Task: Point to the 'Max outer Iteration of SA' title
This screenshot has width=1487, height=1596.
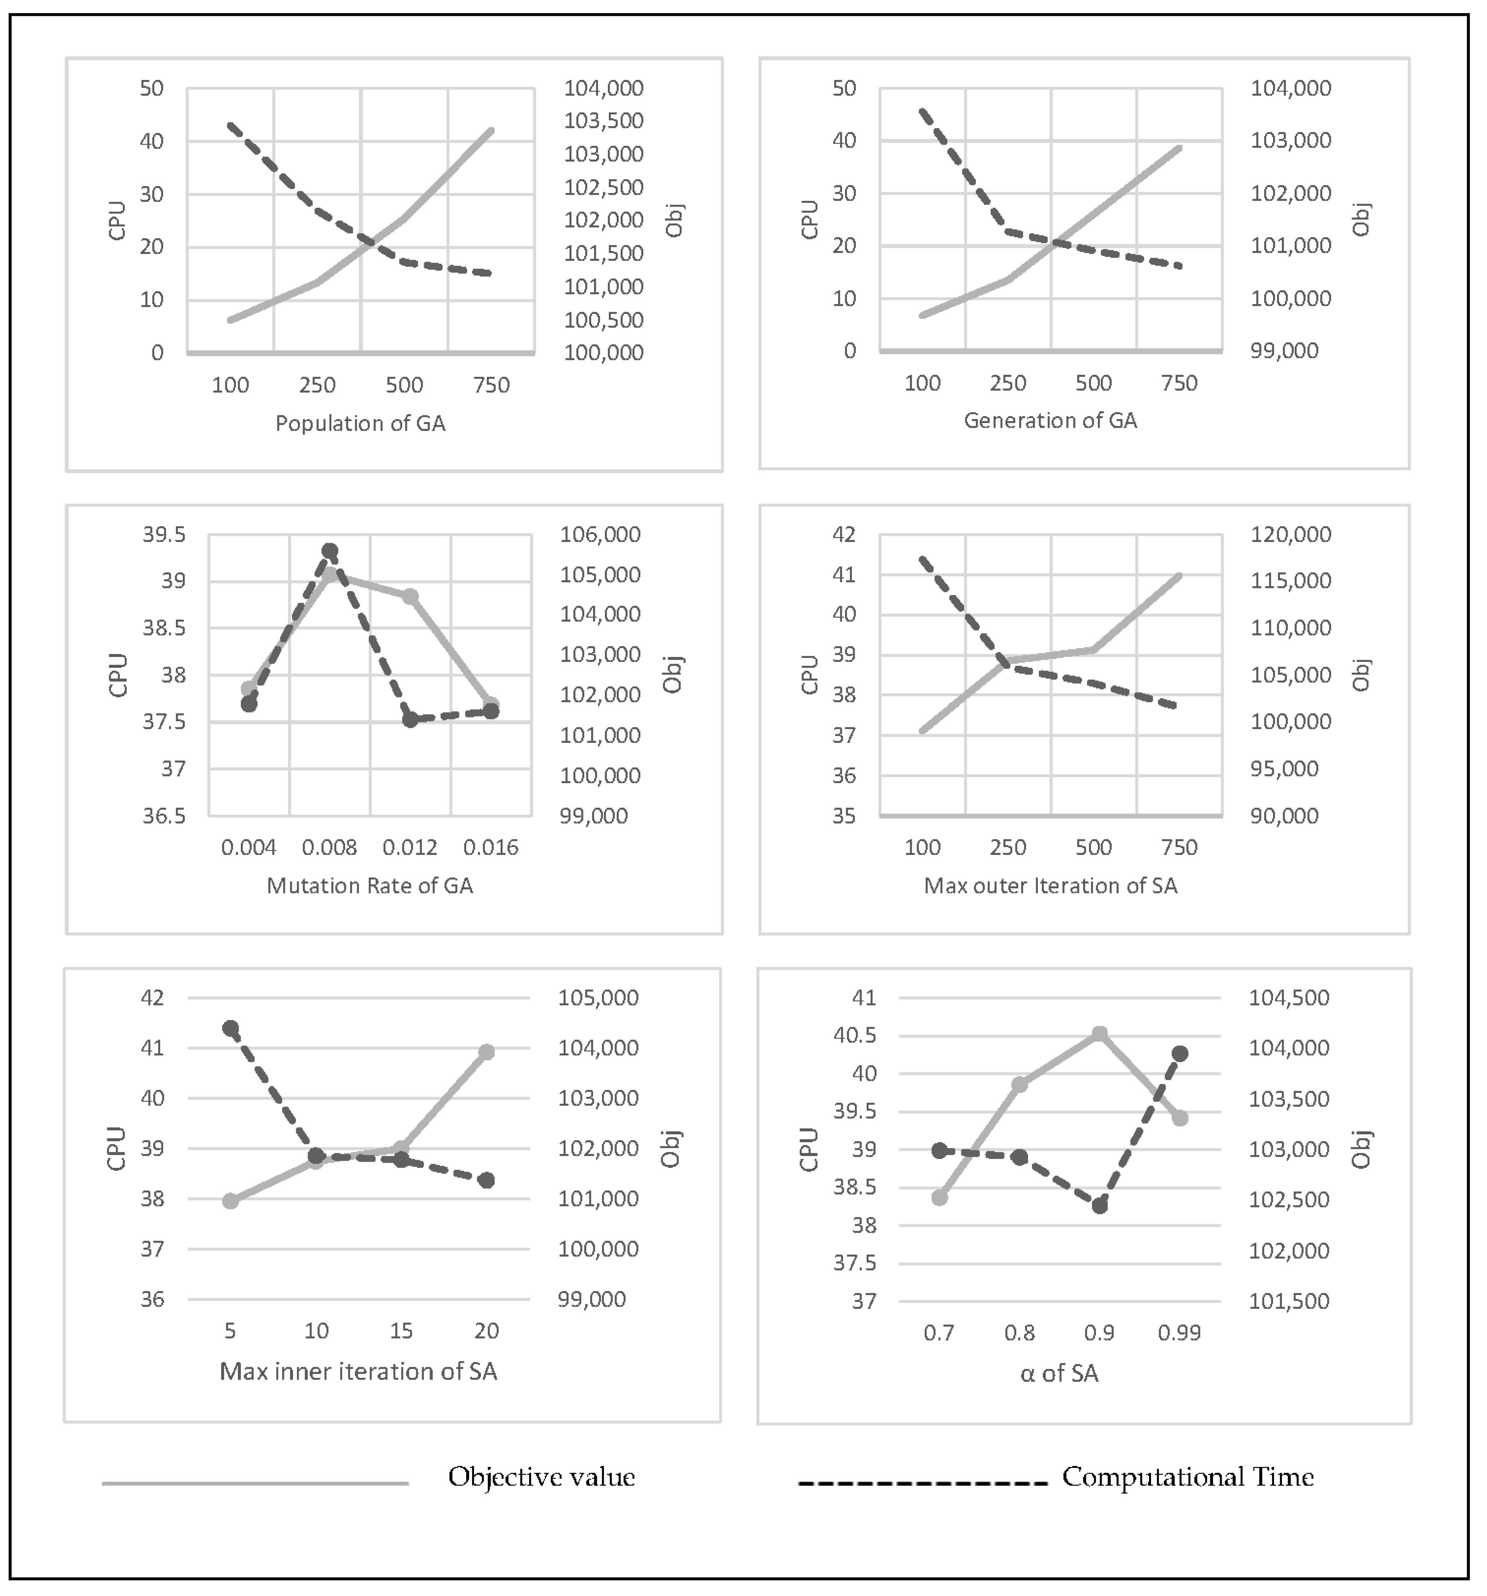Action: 1050,885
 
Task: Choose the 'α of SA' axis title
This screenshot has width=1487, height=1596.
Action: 1059,1374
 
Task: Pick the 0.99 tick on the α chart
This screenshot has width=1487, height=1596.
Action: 1179,1334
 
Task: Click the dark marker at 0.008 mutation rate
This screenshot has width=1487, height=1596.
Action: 329,551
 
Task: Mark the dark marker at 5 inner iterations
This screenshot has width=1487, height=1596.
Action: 231,1029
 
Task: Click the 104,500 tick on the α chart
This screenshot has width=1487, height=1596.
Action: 1289,998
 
